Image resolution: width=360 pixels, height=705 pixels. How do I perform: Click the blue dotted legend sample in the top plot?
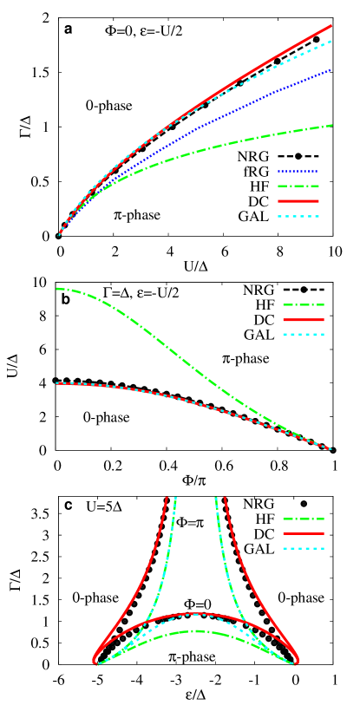(x=298, y=172)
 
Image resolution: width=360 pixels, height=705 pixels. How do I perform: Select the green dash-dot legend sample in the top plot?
(x=298, y=186)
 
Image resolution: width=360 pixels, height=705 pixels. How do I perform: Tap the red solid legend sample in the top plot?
(x=298, y=201)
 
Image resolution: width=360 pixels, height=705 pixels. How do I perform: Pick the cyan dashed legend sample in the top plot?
(x=298, y=216)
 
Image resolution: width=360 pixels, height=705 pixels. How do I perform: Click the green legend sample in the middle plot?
(x=303, y=305)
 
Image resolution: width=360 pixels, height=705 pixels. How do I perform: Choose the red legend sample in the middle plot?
(x=303, y=320)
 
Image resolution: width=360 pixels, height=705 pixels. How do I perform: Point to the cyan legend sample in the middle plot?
(x=303, y=335)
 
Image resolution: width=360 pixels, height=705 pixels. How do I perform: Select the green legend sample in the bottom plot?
(x=303, y=519)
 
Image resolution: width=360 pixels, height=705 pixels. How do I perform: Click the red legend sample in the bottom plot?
(x=303, y=534)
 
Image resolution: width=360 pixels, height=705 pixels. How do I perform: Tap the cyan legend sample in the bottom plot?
(x=303, y=549)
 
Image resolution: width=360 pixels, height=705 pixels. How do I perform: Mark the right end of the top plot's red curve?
(x=331, y=26)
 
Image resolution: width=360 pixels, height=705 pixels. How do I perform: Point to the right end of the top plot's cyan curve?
(x=331, y=42)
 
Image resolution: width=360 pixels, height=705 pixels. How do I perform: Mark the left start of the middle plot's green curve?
(x=57, y=289)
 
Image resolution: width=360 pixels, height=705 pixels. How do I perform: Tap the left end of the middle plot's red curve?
(x=57, y=382)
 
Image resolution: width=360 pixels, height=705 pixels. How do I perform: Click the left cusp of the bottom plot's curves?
(x=94, y=663)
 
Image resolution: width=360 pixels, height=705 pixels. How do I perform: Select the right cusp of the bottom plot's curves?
(x=298, y=663)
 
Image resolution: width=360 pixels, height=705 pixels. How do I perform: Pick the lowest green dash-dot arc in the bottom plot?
(x=196, y=631)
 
